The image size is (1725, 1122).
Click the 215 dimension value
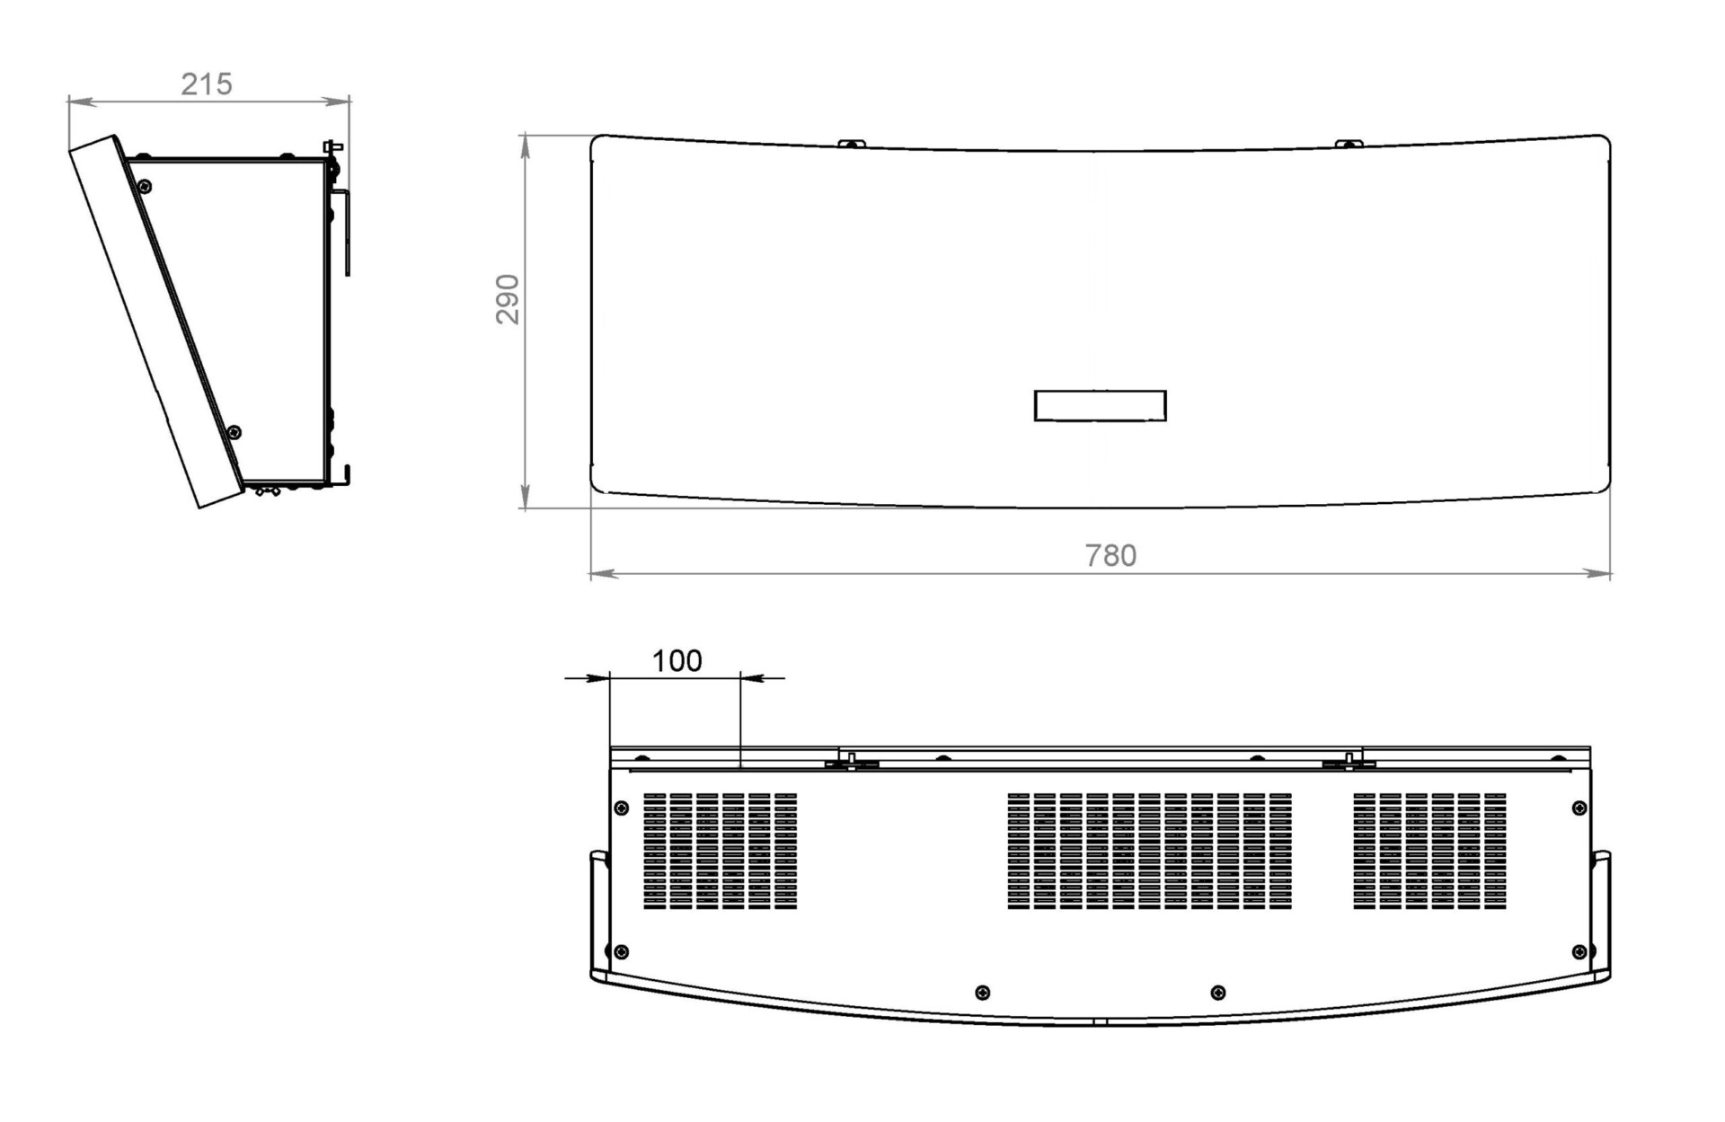[x=207, y=84]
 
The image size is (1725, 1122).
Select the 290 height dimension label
[x=508, y=299]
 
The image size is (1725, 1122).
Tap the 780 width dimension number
[x=1110, y=555]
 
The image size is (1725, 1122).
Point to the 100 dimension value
[x=677, y=660]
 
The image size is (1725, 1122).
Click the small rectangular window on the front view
[x=1100, y=405]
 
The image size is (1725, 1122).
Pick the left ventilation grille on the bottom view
[x=720, y=851]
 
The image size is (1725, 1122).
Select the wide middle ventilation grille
[x=1149, y=851]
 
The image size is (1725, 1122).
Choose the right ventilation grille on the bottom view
[x=1429, y=851]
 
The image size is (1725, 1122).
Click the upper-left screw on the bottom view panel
[x=621, y=808]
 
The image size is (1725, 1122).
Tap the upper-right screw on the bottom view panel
[x=1579, y=808]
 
